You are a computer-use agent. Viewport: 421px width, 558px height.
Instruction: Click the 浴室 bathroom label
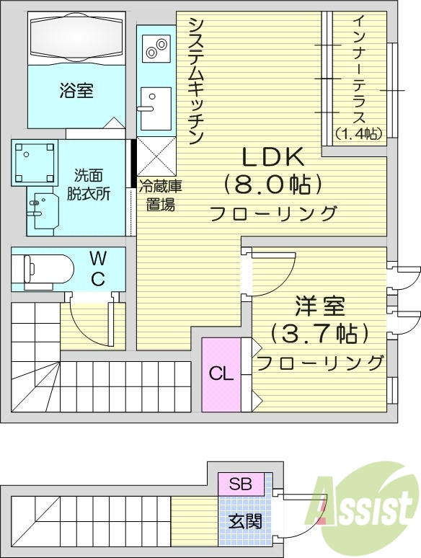pyautogui.click(x=76, y=91)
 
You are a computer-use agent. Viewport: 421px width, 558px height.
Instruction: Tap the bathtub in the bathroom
pyautogui.click(x=76, y=37)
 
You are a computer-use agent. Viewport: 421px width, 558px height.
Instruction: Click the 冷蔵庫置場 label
pyautogui.click(x=160, y=195)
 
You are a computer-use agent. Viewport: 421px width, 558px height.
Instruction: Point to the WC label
pyautogui.click(x=98, y=267)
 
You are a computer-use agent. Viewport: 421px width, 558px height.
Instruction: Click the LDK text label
pyautogui.click(x=272, y=156)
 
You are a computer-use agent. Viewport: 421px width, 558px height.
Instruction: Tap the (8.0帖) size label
pyautogui.click(x=272, y=185)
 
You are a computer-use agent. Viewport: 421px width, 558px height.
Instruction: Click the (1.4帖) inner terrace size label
pyautogui.click(x=358, y=133)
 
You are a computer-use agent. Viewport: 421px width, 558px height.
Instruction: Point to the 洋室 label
pyautogui.click(x=319, y=306)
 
